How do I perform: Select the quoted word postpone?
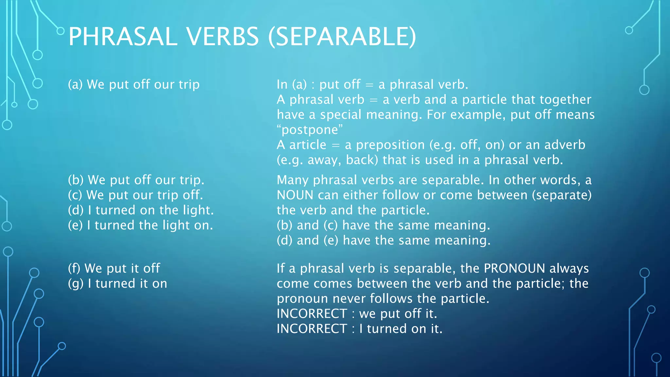[310, 130]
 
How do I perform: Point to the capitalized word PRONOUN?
[514, 268]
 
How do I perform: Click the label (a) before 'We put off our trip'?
[75, 84]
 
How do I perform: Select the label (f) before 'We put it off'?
[74, 268]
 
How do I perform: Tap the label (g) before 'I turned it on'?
[76, 283]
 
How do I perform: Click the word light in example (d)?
[198, 210]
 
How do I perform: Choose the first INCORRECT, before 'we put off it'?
[312, 314]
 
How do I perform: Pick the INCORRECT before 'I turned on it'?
[312, 329]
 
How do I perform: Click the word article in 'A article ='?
[308, 145]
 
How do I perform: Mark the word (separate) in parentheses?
[562, 195]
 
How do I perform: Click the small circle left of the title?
[61, 31]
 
